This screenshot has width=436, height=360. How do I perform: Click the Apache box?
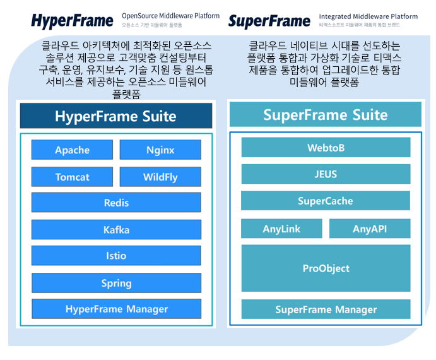[72, 150]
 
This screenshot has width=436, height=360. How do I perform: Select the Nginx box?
[160, 150]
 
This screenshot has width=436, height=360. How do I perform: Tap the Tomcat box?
[72, 177]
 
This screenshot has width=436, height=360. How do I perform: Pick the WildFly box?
[160, 177]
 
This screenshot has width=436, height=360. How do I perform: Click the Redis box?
[116, 203]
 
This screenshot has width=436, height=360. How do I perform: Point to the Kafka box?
[116, 229]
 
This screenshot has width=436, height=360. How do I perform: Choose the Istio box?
[116, 256]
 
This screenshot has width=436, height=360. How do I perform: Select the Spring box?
[116, 283]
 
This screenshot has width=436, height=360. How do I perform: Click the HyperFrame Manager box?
[116, 309]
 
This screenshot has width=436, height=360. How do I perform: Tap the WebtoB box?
[326, 148]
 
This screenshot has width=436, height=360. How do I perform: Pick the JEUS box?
[326, 174]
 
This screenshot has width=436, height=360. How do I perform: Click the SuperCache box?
[326, 201]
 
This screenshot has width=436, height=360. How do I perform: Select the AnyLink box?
[281, 229]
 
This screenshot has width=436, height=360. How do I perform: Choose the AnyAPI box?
[370, 229]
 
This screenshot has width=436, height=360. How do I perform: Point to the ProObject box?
[326, 268]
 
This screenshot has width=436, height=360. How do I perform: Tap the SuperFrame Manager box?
[326, 309]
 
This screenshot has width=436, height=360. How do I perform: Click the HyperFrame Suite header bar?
[116, 116]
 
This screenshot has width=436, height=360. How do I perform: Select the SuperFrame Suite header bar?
[326, 115]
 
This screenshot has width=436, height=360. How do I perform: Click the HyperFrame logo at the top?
[73, 21]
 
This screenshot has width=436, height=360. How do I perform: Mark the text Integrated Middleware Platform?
[368, 16]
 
